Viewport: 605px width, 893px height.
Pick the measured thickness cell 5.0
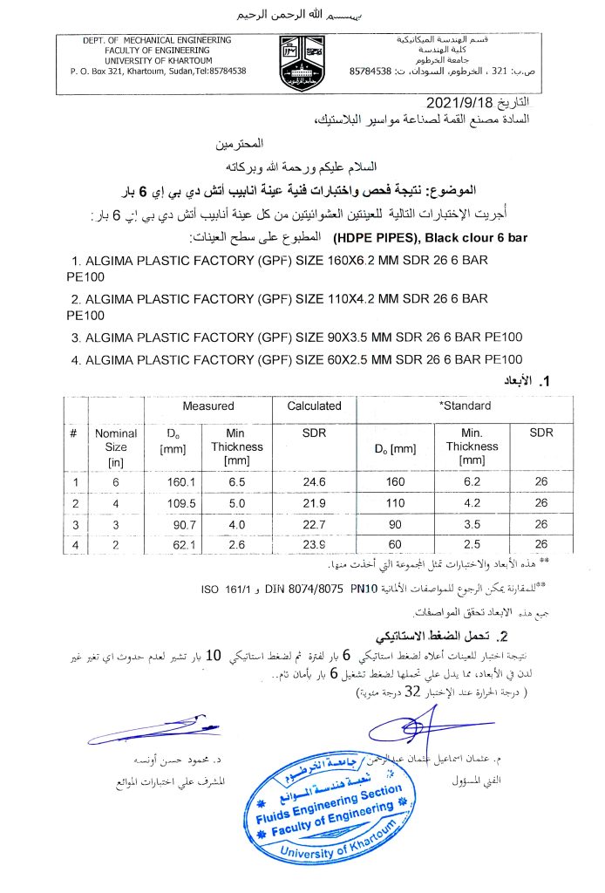237,503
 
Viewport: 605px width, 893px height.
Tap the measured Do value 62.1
178,545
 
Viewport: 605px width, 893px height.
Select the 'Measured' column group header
207,406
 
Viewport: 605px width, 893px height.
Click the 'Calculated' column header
314,406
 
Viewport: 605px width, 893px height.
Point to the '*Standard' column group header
465,406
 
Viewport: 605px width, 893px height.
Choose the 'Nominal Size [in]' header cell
116,446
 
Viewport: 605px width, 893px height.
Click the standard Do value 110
396,503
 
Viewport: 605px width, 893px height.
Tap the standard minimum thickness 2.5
472,545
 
